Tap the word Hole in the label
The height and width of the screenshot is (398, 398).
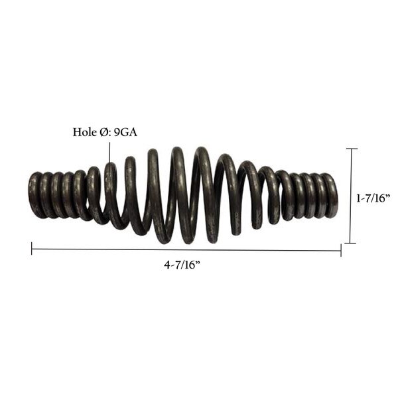(85, 131)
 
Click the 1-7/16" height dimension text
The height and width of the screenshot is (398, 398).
(373, 197)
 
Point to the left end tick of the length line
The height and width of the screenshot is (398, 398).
(32, 249)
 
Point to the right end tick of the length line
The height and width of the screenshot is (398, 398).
(341, 249)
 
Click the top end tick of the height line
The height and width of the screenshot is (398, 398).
(351, 149)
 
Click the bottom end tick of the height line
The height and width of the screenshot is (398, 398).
(351, 243)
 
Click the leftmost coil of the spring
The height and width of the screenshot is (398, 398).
(34, 195)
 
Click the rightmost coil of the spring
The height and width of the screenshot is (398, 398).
(331, 195)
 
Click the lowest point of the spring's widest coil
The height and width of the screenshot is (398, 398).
(163, 239)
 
